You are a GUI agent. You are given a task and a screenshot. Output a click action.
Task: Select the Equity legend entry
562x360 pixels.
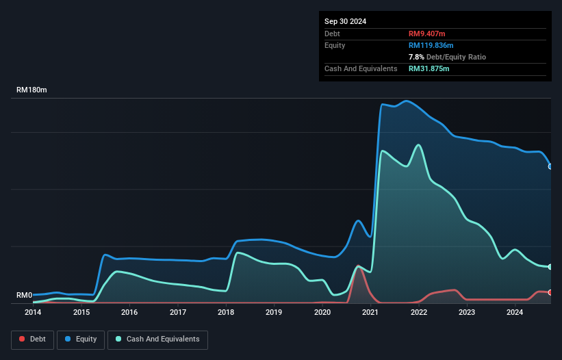coord(81,339)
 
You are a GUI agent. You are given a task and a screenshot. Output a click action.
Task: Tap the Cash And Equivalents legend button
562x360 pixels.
coord(157,339)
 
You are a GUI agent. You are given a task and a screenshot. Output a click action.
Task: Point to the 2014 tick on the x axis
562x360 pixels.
coord(33,313)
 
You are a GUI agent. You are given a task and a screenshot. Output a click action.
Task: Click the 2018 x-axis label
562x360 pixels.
coord(226,313)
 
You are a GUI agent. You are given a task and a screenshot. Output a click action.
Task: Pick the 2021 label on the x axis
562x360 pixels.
coord(370,313)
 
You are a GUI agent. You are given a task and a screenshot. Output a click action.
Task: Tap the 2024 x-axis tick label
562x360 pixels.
coord(515,313)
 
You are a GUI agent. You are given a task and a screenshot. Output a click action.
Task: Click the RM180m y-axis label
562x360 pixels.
coord(31,90)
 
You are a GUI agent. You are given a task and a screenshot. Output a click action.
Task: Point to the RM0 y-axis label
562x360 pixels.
coord(25,296)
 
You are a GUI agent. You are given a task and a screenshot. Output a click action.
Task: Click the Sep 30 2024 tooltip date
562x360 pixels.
coord(345,21)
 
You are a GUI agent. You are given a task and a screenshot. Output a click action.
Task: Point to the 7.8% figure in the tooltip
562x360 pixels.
coord(416,57)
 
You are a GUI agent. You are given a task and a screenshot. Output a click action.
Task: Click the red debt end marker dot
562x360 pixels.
coord(550,292)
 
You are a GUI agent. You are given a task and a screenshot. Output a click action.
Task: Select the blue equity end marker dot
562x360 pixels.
coord(550,166)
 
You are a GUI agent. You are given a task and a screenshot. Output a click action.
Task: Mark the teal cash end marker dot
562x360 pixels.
coord(550,267)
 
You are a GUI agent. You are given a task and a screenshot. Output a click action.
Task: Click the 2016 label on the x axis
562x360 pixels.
coord(129,313)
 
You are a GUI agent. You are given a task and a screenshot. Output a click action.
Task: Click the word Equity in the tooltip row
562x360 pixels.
coord(335,45)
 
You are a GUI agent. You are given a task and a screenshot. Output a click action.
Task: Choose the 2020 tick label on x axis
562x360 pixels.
coord(322,313)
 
